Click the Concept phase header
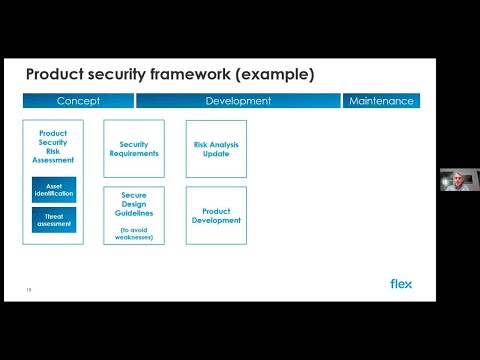pos(77,101)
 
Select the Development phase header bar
pos(238,101)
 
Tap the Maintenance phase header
pos(381,101)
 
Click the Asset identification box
pos(54,189)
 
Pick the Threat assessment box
pos(54,219)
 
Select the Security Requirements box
pos(133,149)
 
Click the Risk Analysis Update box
pos(216,149)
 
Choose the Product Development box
pos(216,216)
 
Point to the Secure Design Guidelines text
pos(133,205)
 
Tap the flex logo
pos(400,283)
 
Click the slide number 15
pos(29,291)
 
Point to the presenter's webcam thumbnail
pos(458,180)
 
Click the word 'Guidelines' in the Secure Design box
pos(133,213)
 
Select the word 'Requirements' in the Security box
pos(133,154)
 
